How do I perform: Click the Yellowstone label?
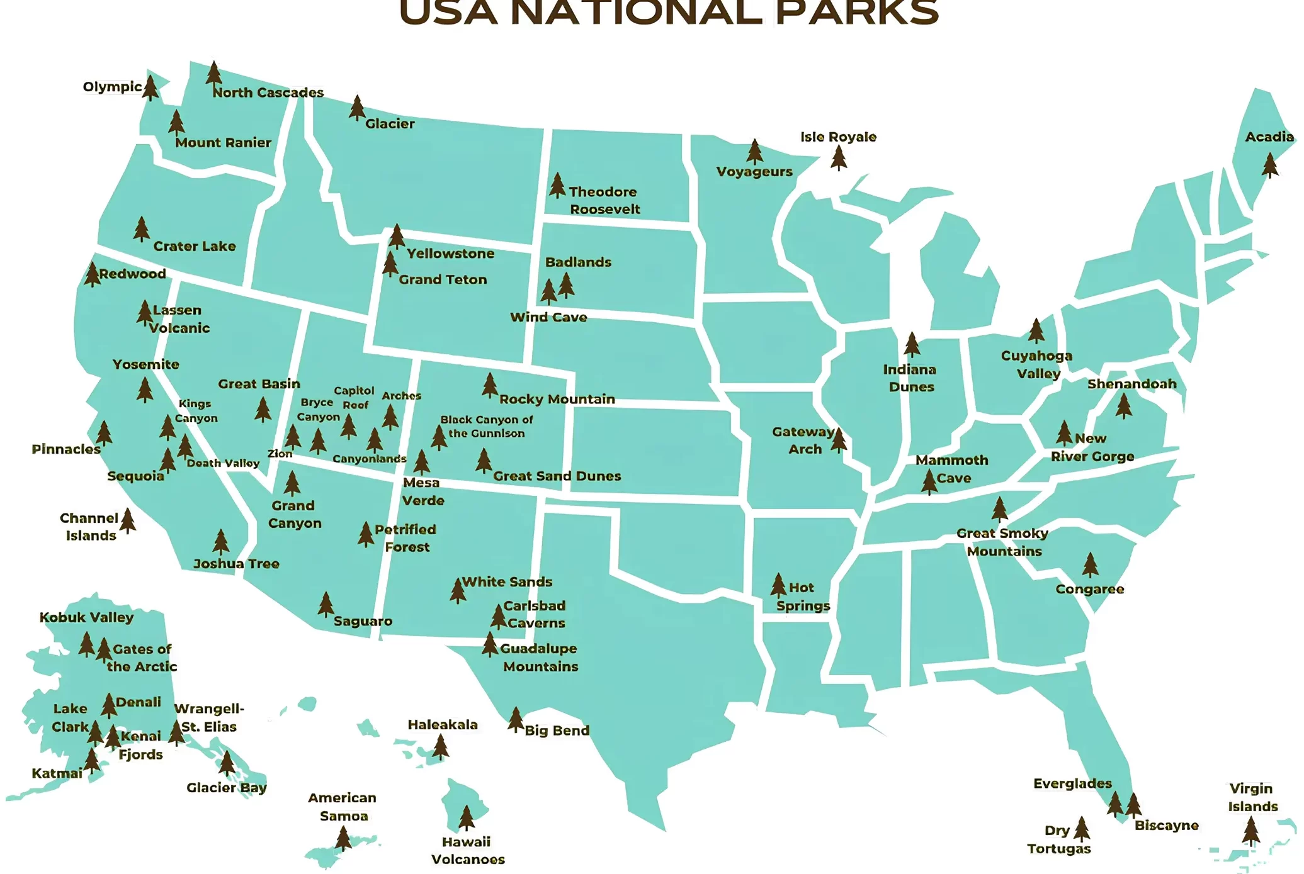(x=450, y=254)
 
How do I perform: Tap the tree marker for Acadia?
(x=1269, y=166)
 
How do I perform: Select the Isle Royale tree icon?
(x=838, y=158)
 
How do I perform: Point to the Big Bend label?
(x=557, y=731)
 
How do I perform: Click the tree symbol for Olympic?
(x=150, y=88)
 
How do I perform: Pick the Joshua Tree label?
(x=236, y=564)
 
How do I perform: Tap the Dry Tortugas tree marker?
(x=1081, y=829)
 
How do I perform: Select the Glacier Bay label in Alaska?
(x=227, y=788)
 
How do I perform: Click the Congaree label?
(x=1089, y=590)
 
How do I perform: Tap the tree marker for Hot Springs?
(x=778, y=585)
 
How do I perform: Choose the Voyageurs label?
(x=754, y=172)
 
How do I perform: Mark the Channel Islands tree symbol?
(x=128, y=521)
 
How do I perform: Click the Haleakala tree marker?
(x=440, y=747)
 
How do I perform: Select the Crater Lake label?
(x=194, y=247)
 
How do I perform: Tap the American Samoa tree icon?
(x=343, y=839)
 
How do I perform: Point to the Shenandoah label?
(x=1131, y=384)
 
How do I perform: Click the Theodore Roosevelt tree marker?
(x=557, y=186)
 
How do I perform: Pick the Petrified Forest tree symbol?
(x=366, y=534)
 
